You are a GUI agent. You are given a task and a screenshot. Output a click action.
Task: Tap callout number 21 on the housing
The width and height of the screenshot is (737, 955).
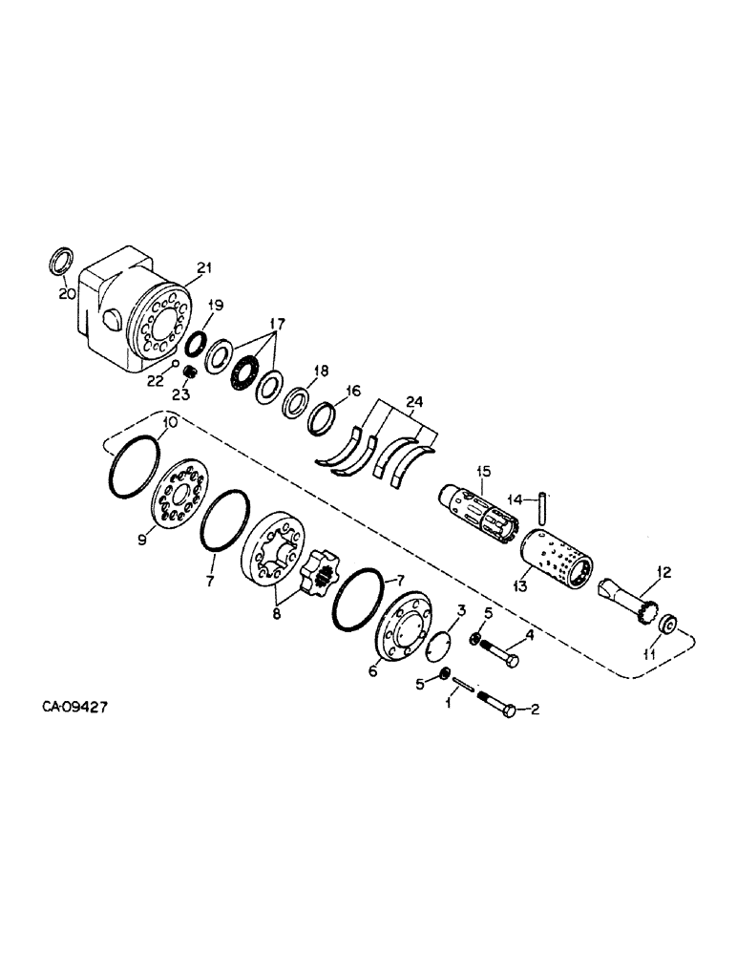point(202,270)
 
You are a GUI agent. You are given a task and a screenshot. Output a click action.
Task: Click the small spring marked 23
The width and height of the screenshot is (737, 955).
point(190,371)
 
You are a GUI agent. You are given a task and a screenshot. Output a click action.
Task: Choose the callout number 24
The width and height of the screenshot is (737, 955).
point(413,402)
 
